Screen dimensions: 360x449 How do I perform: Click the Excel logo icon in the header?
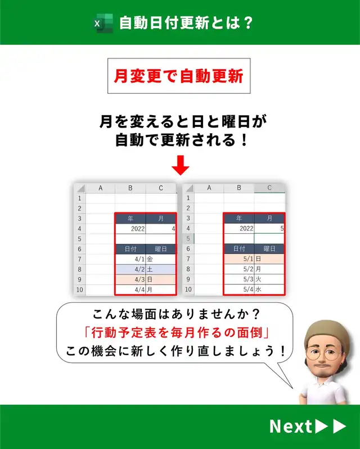[x=103, y=23]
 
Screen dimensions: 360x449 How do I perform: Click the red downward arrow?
[x=181, y=165]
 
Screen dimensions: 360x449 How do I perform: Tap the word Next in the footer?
[x=290, y=426]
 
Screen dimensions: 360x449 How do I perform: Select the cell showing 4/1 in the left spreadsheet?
[x=130, y=259]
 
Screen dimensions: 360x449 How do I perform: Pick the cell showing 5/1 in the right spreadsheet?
[x=239, y=259]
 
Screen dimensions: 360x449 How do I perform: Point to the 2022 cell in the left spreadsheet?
[x=130, y=229]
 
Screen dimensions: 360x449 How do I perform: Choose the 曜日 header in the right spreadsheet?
[x=269, y=248]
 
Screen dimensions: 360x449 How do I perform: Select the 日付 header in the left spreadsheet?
[x=130, y=249]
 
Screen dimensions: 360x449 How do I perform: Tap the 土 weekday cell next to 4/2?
[x=160, y=270]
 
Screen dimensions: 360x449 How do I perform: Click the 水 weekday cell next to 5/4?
[x=269, y=289]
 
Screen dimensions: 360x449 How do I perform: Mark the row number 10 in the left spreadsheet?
[x=80, y=289]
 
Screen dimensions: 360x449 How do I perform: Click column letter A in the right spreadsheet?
[x=209, y=188]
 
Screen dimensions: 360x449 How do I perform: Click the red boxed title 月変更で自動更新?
[x=179, y=76]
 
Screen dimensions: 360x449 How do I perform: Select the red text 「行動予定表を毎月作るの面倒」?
[x=175, y=333]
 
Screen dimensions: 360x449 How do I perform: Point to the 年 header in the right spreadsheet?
[x=239, y=218]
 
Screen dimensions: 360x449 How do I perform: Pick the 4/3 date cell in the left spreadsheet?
[x=130, y=279]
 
